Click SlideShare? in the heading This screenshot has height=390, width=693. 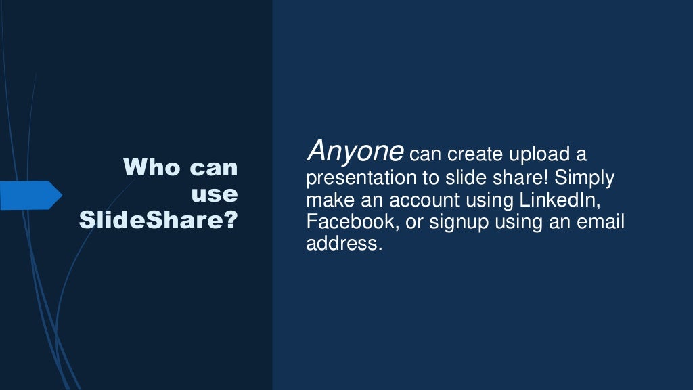[158, 220]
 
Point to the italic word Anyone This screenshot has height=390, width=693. [355, 151]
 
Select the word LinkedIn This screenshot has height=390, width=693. [560, 200]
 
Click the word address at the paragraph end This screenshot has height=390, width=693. [344, 243]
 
